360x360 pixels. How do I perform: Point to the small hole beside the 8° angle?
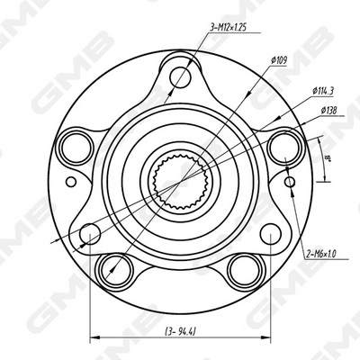click(x=289, y=182)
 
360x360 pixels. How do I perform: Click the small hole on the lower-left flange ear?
click(x=88, y=236)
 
